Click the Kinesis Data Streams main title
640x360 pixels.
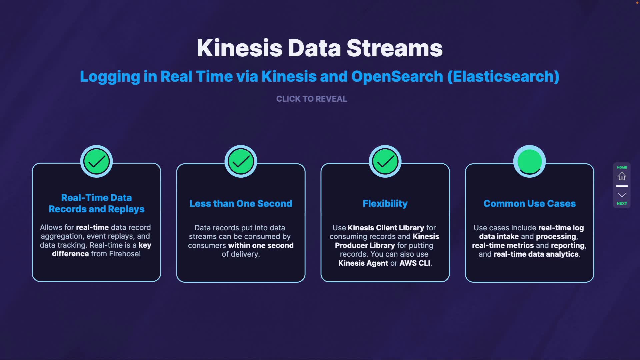[x=320, y=48]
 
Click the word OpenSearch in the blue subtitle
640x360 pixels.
[x=397, y=76]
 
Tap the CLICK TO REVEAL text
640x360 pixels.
[x=312, y=99]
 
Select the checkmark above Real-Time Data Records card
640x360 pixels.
[x=97, y=162]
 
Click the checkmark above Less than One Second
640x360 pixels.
[x=241, y=162]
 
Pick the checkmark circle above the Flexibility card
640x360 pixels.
[x=385, y=162]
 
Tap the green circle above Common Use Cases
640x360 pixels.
[x=530, y=162]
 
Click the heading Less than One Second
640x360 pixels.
[x=241, y=204]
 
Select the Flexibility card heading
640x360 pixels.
[x=385, y=204]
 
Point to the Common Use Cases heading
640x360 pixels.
[x=529, y=204]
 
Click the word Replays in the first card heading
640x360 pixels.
[x=126, y=209]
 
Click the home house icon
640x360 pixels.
[x=622, y=176]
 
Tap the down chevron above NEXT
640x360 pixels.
[x=622, y=195]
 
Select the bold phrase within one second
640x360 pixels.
[x=261, y=245]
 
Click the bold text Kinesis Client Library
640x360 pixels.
[x=386, y=228]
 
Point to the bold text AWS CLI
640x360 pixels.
[x=415, y=263]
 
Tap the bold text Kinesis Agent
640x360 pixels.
[x=363, y=263]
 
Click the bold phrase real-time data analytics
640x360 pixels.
[x=536, y=254]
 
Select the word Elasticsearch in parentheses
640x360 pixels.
[x=503, y=76]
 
